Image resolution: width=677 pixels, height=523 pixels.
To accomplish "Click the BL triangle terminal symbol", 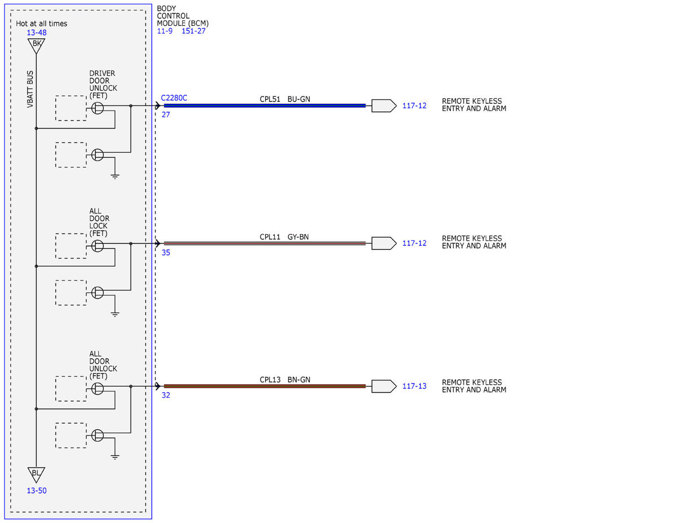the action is (x=36, y=474).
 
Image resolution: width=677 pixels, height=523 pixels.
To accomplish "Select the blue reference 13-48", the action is (x=37, y=33).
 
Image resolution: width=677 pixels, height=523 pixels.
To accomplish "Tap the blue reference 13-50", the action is (x=37, y=491).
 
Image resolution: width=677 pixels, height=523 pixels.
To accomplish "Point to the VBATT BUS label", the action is (x=30, y=89).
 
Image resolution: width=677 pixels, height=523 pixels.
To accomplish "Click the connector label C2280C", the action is (x=174, y=98).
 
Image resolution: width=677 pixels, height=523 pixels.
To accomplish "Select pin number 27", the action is (x=166, y=115).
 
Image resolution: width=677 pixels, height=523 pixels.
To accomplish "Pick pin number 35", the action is (x=166, y=253).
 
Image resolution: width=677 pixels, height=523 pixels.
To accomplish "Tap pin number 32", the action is (x=166, y=395).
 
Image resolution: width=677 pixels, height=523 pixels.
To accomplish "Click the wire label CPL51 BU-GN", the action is (x=285, y=99).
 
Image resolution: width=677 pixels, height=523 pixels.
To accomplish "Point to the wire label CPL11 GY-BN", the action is (x=284, y=237).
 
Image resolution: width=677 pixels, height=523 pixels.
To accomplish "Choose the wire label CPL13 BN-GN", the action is (x=285, y=380).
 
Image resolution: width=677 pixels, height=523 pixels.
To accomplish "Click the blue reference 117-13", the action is (x=414, y=386).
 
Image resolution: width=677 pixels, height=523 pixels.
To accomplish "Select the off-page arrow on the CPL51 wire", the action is (x=384, y=106).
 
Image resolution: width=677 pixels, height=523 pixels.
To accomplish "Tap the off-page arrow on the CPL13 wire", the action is (x=384, y=386).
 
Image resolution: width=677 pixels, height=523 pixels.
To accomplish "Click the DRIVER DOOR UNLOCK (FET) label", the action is (x=103, y=85).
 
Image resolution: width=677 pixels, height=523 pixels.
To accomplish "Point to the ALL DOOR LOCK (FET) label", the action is (x=99, y=222).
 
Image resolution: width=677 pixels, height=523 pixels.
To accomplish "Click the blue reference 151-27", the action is (x=194, y=31).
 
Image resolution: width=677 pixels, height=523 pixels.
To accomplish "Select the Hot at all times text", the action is (x=41, y=23).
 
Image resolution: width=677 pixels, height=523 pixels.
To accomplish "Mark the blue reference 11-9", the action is (x=165, y=31).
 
